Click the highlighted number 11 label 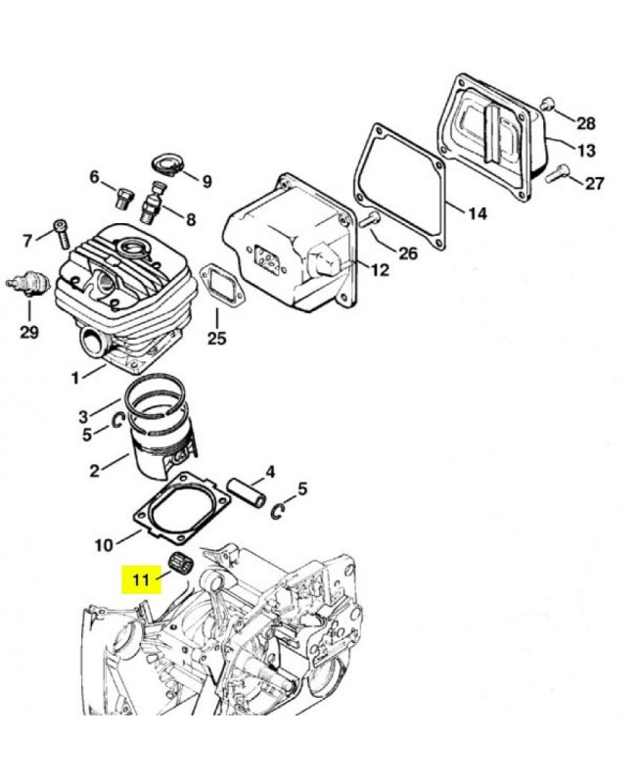pyautogui.click(x=141, y=579)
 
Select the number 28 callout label pyautogui.click(x=585, y=123)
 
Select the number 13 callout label pyautogui.click(x=585, y=151)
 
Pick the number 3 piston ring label pyautogui.click(x=83, y=416)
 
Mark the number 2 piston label pyautogui.click(x=94, y=471)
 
